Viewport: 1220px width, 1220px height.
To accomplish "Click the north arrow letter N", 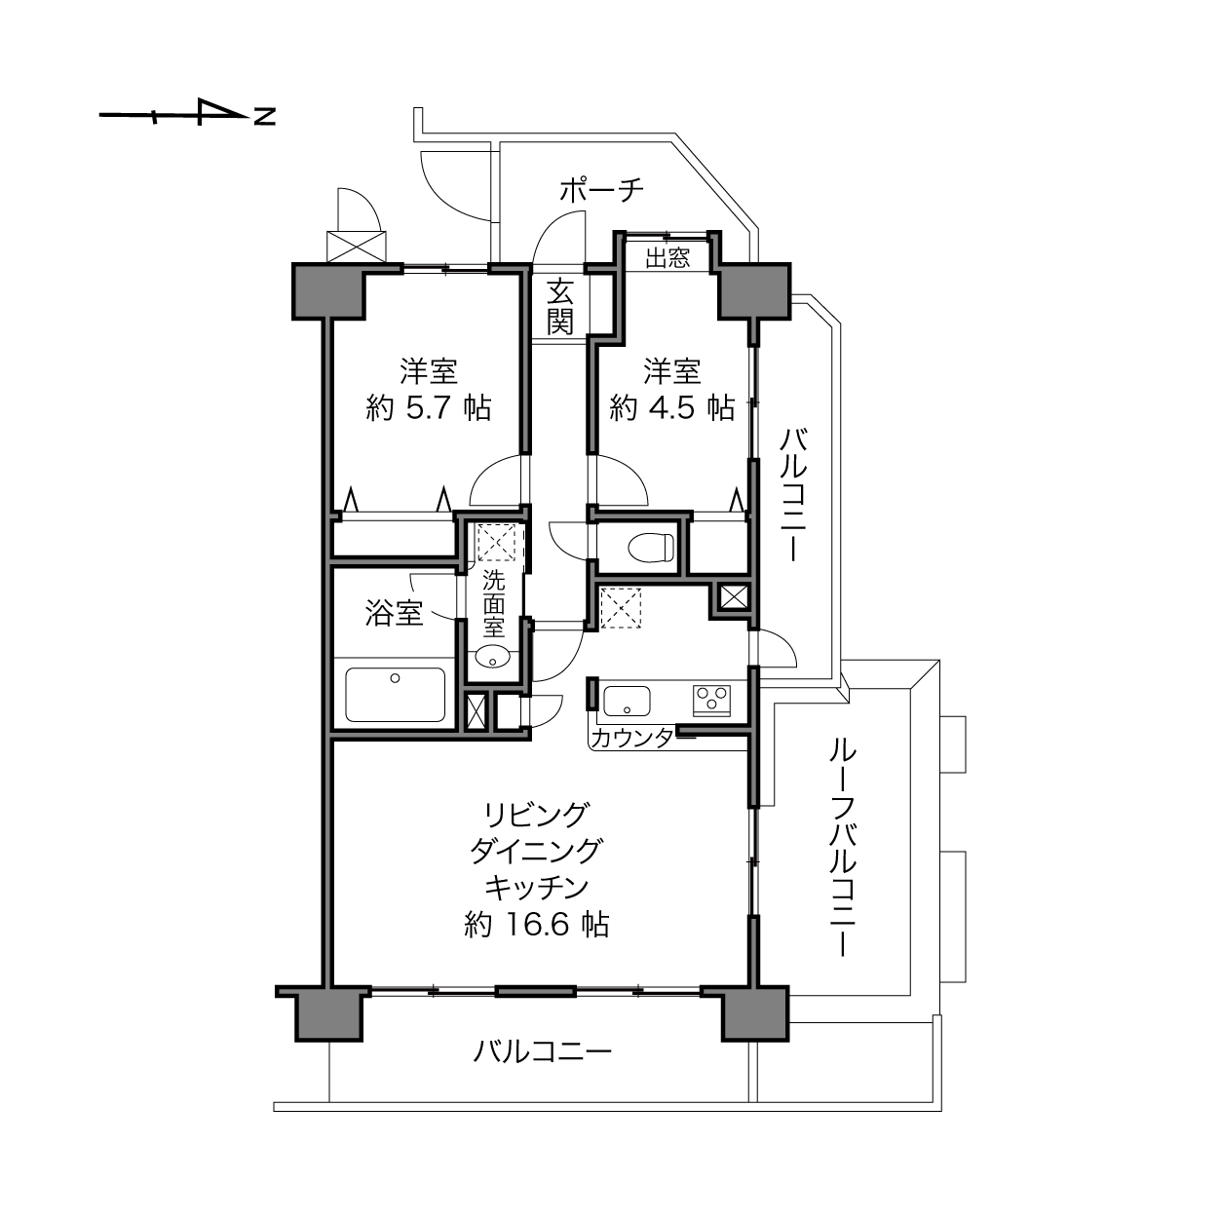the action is (x=265, y=116).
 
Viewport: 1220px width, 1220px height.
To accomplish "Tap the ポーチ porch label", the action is (x=601, y=190).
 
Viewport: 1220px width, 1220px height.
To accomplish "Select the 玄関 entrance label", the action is (x=560, y=306).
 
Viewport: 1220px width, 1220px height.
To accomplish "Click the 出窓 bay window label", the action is (x=667, y=257).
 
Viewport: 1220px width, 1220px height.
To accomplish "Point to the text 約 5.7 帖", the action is (x=429, y=407).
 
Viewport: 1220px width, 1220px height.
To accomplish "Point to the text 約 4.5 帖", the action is (x=672, y=407).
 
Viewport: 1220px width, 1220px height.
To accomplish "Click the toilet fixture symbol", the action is (x=652, y=547).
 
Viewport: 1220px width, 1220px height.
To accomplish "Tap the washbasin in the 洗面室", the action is (x=493, y=657).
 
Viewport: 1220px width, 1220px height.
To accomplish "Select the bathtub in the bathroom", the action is (x=395, y=694).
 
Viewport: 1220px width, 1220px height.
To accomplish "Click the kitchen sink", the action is (x=627, y=701).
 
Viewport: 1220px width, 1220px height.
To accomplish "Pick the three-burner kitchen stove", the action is (x=712, y=701).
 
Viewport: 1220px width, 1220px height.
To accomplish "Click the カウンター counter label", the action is (x=635, y=738).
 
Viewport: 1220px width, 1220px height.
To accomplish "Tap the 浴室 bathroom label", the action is (x=394, y=613).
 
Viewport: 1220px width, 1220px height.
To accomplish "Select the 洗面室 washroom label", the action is (x=494, y=604).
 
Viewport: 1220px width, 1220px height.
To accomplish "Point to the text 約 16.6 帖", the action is (x=537, y=925).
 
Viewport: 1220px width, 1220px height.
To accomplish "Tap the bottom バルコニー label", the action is (x=543, y=1052).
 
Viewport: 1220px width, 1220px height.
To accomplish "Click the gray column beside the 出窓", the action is (x=754, y=290).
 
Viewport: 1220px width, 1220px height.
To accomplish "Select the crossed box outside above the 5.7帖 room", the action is (x=356, y=247).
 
